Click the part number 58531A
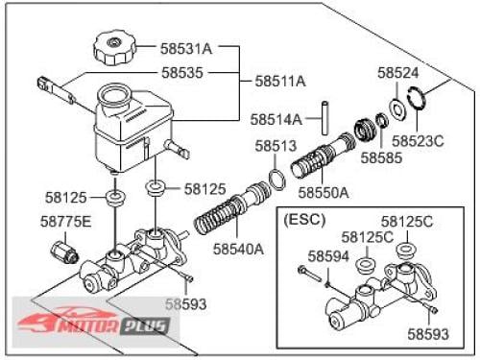186,49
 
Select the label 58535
182,73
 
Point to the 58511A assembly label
280,81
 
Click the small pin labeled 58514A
325,118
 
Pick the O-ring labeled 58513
277,180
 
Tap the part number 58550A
324,193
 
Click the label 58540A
239,249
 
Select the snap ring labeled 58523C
417,99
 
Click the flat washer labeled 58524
397,108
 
